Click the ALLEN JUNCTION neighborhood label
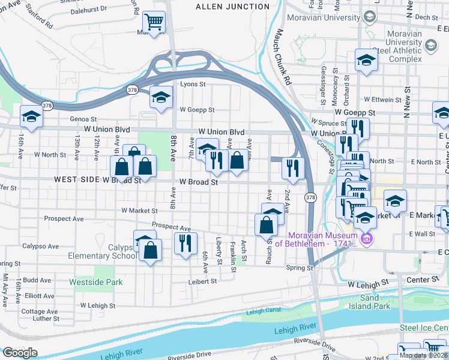(x=233, y=7)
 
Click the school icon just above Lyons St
(x=161, y=98)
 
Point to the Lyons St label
(x=193, y=85)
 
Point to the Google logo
(x=20, y=353)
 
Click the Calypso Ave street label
(x=41, y=246)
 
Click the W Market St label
(x=139, y=211)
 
